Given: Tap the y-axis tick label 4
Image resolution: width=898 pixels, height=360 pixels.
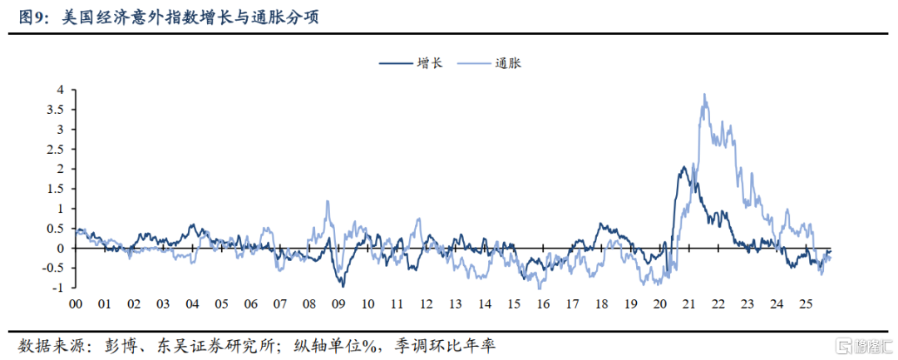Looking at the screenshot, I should (x=60, y=89).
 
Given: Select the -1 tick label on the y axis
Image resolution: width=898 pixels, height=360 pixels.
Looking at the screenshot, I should (x=57, y=288).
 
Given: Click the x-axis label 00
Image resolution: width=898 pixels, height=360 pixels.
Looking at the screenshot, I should (x=75, y=304).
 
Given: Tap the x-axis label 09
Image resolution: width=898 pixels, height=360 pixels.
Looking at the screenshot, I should (x=338, y=304).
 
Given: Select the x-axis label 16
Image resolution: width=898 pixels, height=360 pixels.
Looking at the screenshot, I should (x=543, y=304).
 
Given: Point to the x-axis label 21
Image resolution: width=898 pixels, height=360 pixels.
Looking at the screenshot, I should (x=688, y=304).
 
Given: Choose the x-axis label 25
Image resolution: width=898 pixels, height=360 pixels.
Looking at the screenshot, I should (x=806, y=304).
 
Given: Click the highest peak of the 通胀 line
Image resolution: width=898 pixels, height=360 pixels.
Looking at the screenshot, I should (x=704, y=94).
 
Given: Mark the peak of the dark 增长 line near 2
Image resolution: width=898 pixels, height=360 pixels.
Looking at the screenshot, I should (x=683, y=167).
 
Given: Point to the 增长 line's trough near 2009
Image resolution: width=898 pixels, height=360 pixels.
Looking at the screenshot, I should (x=342, y=285).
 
